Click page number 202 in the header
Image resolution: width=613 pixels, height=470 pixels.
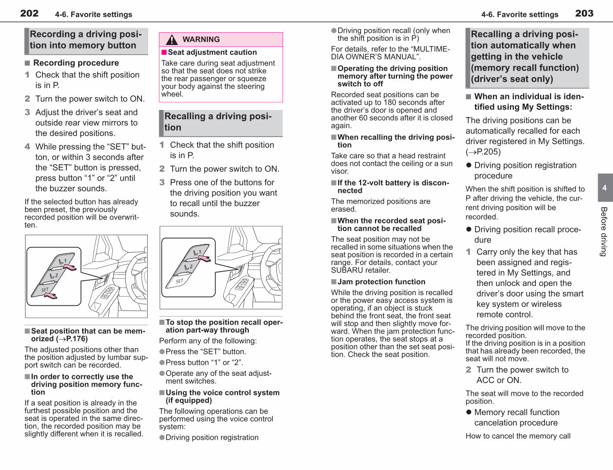(x=29, y=13)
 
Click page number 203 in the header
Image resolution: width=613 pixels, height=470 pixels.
(x=584, y=13)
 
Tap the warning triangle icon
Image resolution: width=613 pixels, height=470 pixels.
(x=172, y=39)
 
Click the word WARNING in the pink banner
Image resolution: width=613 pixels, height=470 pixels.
(x=201, y=39)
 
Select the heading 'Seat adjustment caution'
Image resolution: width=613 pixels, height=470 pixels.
(x=212, y=52)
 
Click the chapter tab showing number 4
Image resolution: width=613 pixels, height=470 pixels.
(x=605, y=188)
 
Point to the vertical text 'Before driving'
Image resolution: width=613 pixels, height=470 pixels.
(x=603, y=232)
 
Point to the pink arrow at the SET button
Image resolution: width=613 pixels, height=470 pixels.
(x=51, y=296)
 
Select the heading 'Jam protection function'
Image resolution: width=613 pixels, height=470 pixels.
(x=381, y=282)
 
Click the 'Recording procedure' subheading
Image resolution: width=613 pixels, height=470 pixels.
(x=76, y=63)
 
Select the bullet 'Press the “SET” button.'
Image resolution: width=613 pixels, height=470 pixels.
(x=206, y=352)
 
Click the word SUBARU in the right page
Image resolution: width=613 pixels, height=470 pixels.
(x=345, y=270)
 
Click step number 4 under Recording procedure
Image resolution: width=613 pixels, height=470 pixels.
(x=27, y=147)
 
